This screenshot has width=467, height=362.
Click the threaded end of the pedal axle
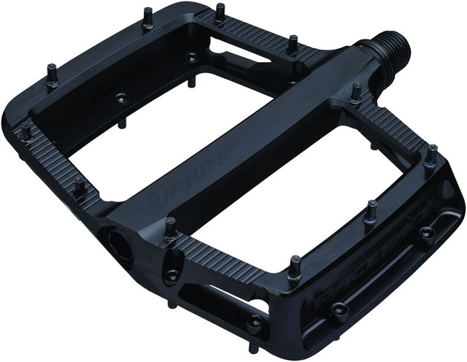click(390, 54)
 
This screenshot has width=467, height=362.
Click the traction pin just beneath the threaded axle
click(355, 93)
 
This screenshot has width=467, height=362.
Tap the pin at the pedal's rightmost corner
click(432, 153)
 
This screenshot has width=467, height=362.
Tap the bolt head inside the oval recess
click(172, 274)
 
